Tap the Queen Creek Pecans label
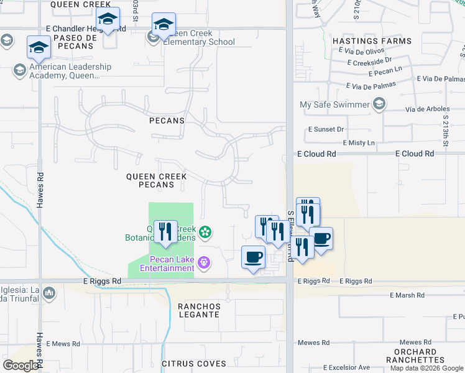pyautogui.click(x=157, y=180)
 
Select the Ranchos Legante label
pyautogui.click(x=199, y=310)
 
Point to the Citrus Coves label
pyautogui.click(x=194, y=363)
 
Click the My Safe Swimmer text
pyautogui.click(x=334, y=105)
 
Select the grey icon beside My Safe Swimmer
pyautogui.click(x=379, y=105)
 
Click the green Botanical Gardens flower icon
pyautogui.click(x=206, y=233)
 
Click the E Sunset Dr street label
pyautogui.click(x=326, y=129)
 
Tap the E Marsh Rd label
pyautogui.click(x=407, y=295)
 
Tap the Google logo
pyautogui.click(x=21, y=366)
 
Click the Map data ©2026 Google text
pyautogui.click(x=426, y=368)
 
